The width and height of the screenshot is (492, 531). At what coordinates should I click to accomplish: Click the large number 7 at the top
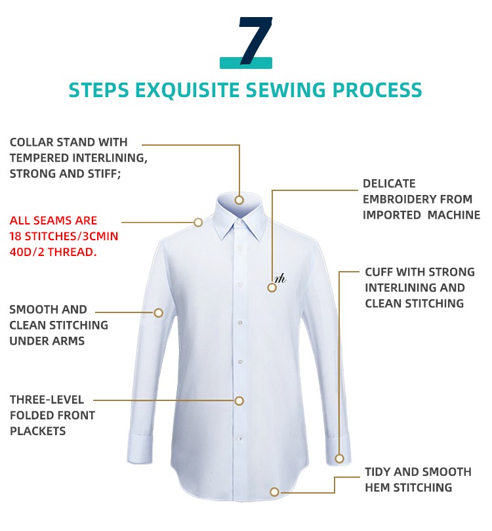(x=255, y=40)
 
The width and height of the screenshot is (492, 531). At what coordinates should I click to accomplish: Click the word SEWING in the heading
(x=286, y=90)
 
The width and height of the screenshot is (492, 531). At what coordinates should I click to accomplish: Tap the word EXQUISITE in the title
(x=187, y=90)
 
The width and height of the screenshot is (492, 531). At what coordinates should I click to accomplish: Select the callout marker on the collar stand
(x=239, y=200)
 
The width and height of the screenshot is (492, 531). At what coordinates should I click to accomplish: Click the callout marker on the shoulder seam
(x=198, y=222)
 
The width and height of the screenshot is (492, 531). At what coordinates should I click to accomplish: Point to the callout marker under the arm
(x=158, y=312)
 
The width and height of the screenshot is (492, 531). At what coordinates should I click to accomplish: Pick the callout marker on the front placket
(x=239, y=400)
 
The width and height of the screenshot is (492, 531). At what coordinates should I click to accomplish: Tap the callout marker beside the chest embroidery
(x=272, y=287)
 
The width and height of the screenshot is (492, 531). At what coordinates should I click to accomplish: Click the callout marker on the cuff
(x=339, y=459)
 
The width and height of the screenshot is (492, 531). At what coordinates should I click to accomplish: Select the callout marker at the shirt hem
(x=274, y=492)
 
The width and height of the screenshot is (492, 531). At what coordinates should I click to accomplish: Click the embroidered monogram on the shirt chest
(x=281, y=278)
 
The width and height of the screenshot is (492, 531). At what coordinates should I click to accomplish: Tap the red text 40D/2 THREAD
(x=53, y=252)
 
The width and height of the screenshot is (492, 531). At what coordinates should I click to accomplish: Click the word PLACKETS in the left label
(x=37, y=431)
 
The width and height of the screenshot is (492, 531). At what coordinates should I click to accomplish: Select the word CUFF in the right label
(x=379, y=272)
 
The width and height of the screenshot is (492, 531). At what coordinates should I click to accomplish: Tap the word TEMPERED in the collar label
(x=39, y=158)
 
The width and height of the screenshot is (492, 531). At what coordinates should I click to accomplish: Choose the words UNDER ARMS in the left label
(x=47, y=341)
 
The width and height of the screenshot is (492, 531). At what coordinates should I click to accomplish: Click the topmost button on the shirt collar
(x=239, y=223)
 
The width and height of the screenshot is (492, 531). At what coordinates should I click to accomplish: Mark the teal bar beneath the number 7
(x=246, y=63)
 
